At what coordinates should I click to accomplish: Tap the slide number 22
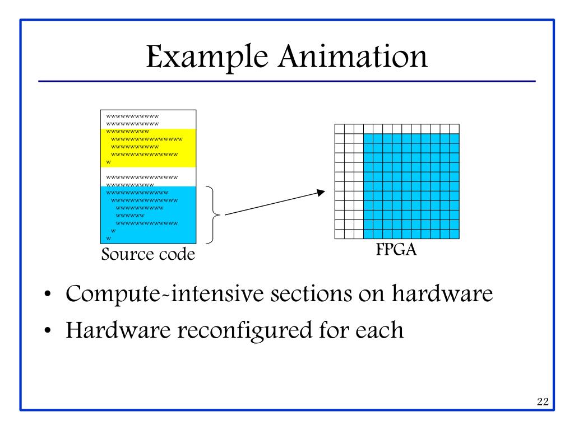point(542,401)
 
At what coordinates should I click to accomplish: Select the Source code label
point(149,255)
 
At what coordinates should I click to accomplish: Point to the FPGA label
point(397,250)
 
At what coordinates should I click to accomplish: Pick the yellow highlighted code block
point(149,147)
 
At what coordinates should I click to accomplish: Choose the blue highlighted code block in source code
point(149,216)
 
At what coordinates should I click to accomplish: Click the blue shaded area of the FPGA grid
point(411,185)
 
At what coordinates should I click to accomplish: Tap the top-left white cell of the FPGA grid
point(339,129)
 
